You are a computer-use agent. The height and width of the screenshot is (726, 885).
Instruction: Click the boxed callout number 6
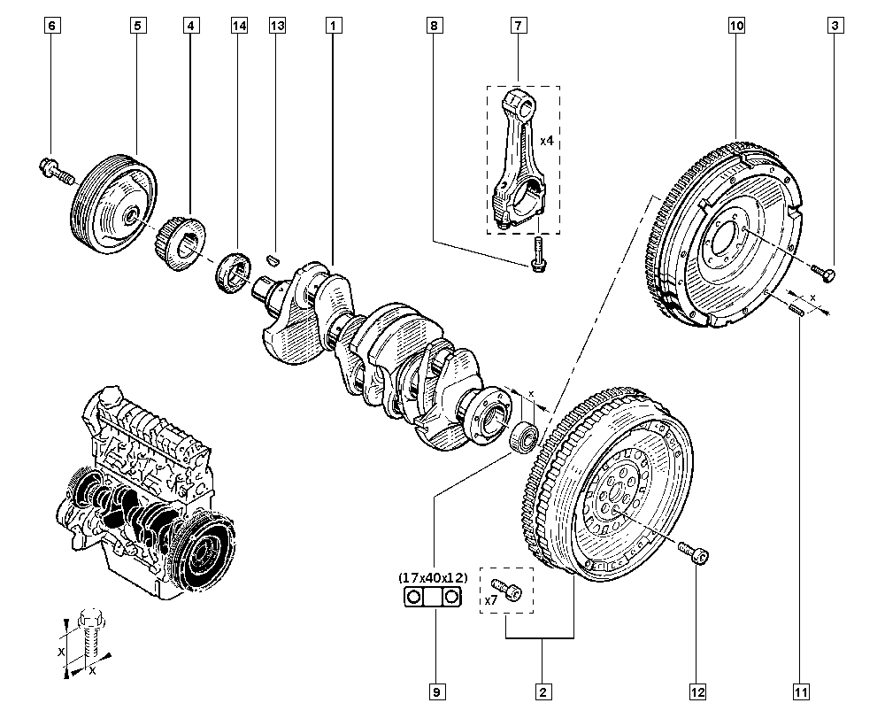coord(52,26)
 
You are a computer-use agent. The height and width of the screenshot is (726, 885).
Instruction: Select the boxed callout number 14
coord(239,26)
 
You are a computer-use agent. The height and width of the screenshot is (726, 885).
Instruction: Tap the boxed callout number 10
coord(736,26)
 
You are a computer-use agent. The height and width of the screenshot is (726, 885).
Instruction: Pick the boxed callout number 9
coord(437,691)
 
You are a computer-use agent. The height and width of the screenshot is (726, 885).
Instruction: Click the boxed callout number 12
coord(697,691)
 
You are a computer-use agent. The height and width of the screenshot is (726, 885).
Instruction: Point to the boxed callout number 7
coord(518,26)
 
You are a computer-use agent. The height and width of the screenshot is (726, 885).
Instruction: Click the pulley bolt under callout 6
coord(57,171)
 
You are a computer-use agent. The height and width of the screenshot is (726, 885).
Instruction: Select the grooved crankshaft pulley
coord(113,204)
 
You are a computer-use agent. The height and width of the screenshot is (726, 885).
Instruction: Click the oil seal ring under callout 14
coord(233,274)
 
